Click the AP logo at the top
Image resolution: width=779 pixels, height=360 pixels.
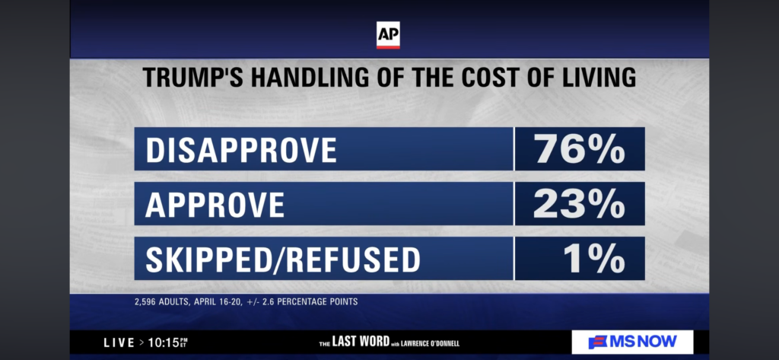[x=388, y=35]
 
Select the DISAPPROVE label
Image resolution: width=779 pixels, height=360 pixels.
[x=240, y=150]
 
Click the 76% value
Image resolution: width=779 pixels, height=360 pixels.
[x=579, y=150]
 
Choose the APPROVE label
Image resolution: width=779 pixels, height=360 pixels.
[x=215, y=204]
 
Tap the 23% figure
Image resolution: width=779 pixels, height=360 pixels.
[x=579, y=204]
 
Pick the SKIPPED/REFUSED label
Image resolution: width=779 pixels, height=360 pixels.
[x=282, y=259]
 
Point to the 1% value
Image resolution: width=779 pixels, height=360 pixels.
[x=594, y=259]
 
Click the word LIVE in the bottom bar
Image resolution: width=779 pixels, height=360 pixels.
[x=119, y=342]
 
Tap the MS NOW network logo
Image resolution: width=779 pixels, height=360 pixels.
[x=632, y=342]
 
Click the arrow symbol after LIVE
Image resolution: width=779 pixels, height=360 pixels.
[x=141, y=342]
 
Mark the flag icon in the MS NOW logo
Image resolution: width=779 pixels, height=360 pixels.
[x=598, y=342]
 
